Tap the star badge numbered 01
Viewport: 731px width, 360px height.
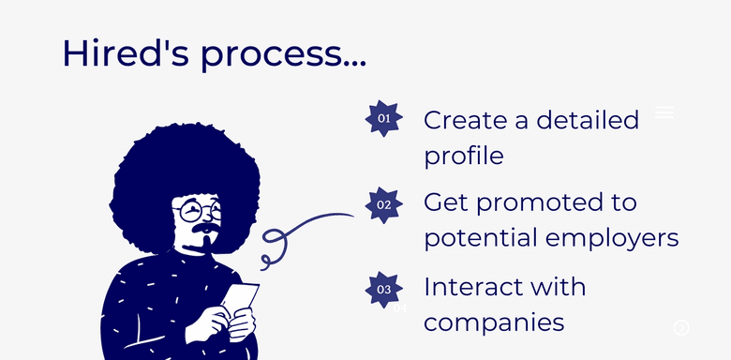click(x=384, y=118)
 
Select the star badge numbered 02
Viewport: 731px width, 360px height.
click(x=384, y=204)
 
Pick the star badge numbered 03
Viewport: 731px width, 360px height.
click(x=384, y=290)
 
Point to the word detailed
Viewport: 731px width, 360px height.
click(x=589, y=120)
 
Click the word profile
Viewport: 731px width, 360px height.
click(x=463, y=156)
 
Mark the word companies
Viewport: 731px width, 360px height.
click(x=494, y=322)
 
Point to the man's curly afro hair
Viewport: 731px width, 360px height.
click(x=178, y=164)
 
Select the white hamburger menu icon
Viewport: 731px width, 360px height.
click(x=664, y=112)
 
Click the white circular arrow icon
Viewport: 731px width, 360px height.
click(x=681, y=327)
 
